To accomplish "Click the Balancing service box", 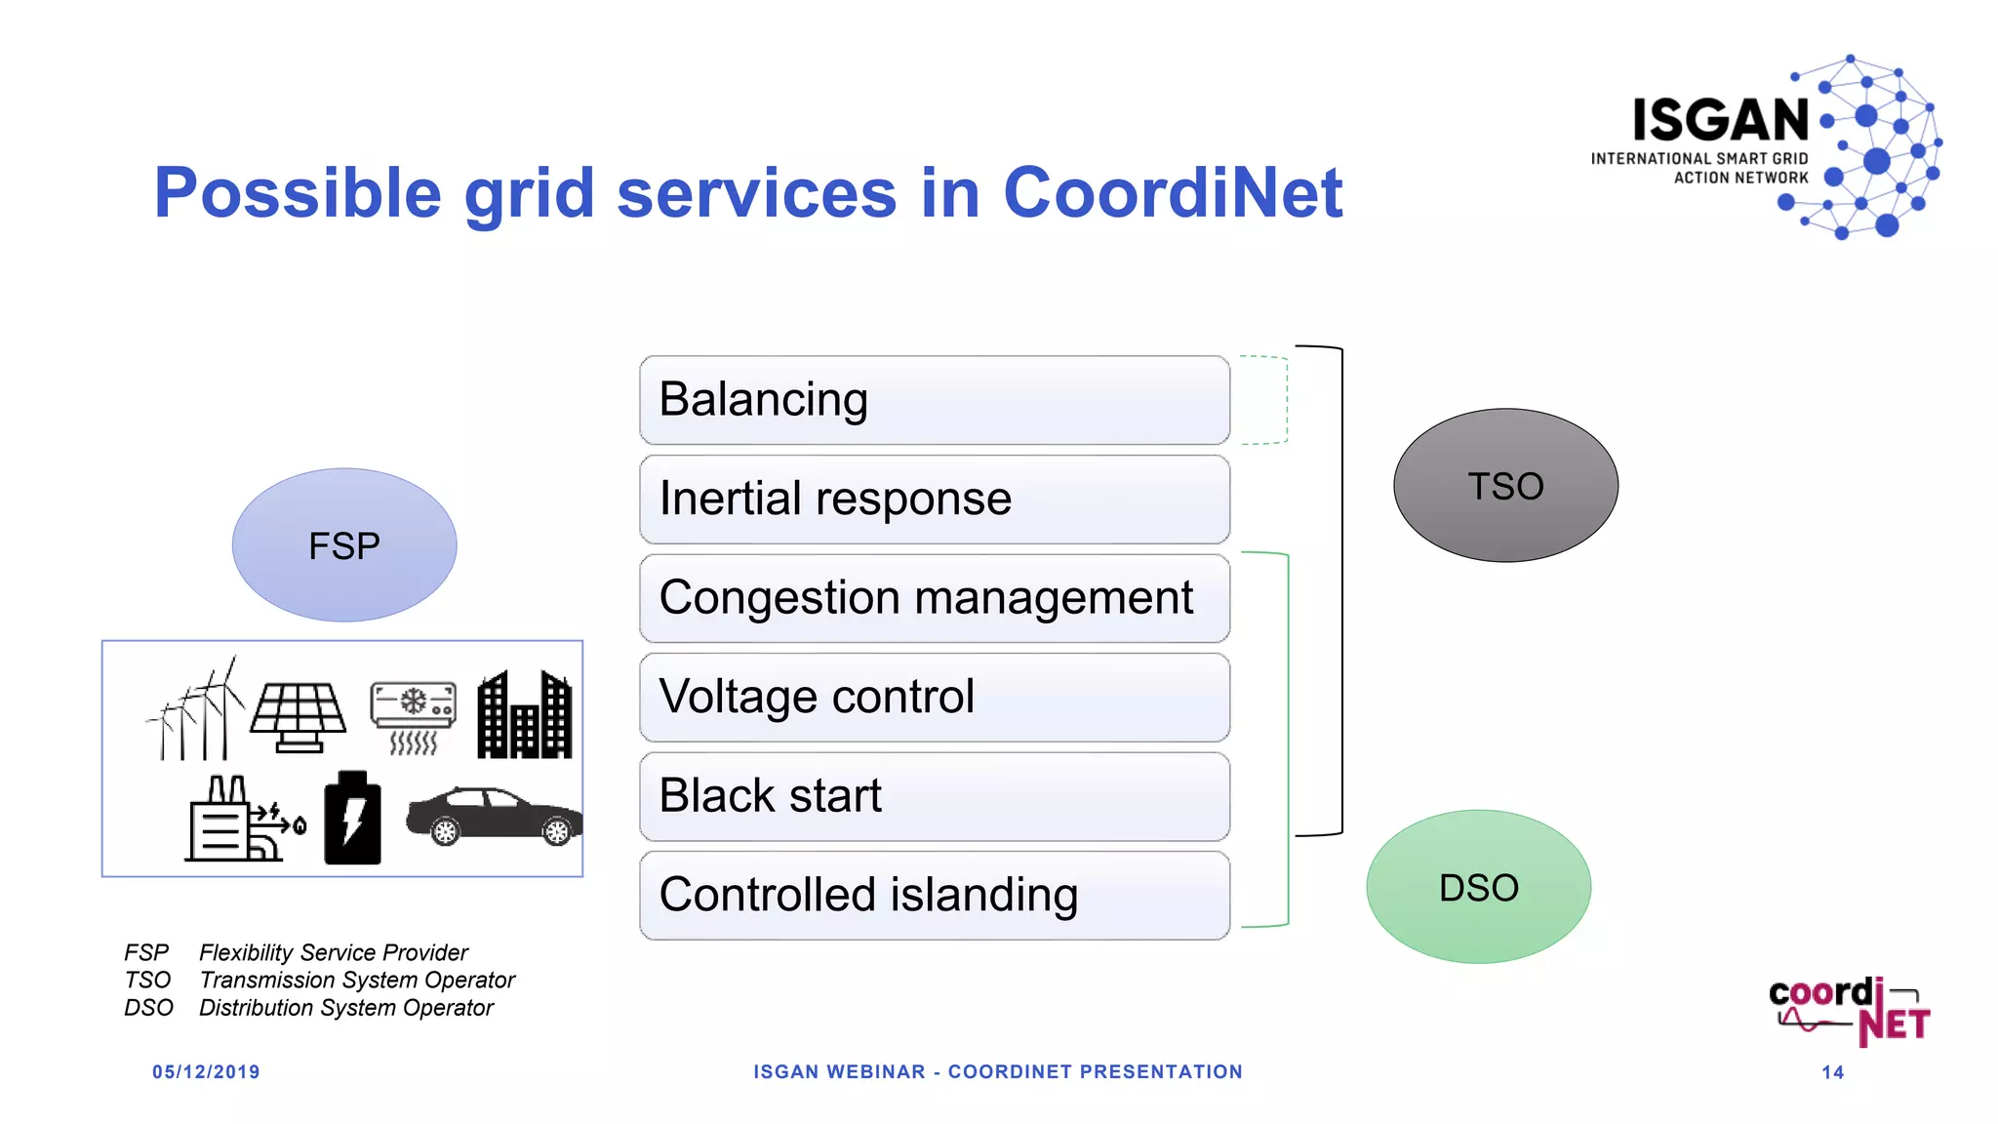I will (x=934, y=400).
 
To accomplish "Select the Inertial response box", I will (x=934, y=500).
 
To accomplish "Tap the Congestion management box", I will (x=934, y=598).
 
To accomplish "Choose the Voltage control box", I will (x=934, y=698).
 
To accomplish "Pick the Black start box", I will (x=934, y=796).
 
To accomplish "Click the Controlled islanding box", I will (x=934, y=896).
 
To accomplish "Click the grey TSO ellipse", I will (x=1505, y=485).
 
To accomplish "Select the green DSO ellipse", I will (x=1478, y=887).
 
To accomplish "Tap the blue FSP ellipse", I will (x=343, y=545).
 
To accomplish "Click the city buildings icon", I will (x=525, y=715).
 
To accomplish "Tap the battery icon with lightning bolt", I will (x=352, y=819).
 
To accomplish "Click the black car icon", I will (x=494, y=816).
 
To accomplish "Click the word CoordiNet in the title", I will (x=1173, y=192).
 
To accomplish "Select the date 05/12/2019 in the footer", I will (x=206, y=1072).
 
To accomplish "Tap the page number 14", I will (x=1832, y=1072).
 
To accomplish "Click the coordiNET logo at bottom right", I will (x=1849, y=1011).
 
